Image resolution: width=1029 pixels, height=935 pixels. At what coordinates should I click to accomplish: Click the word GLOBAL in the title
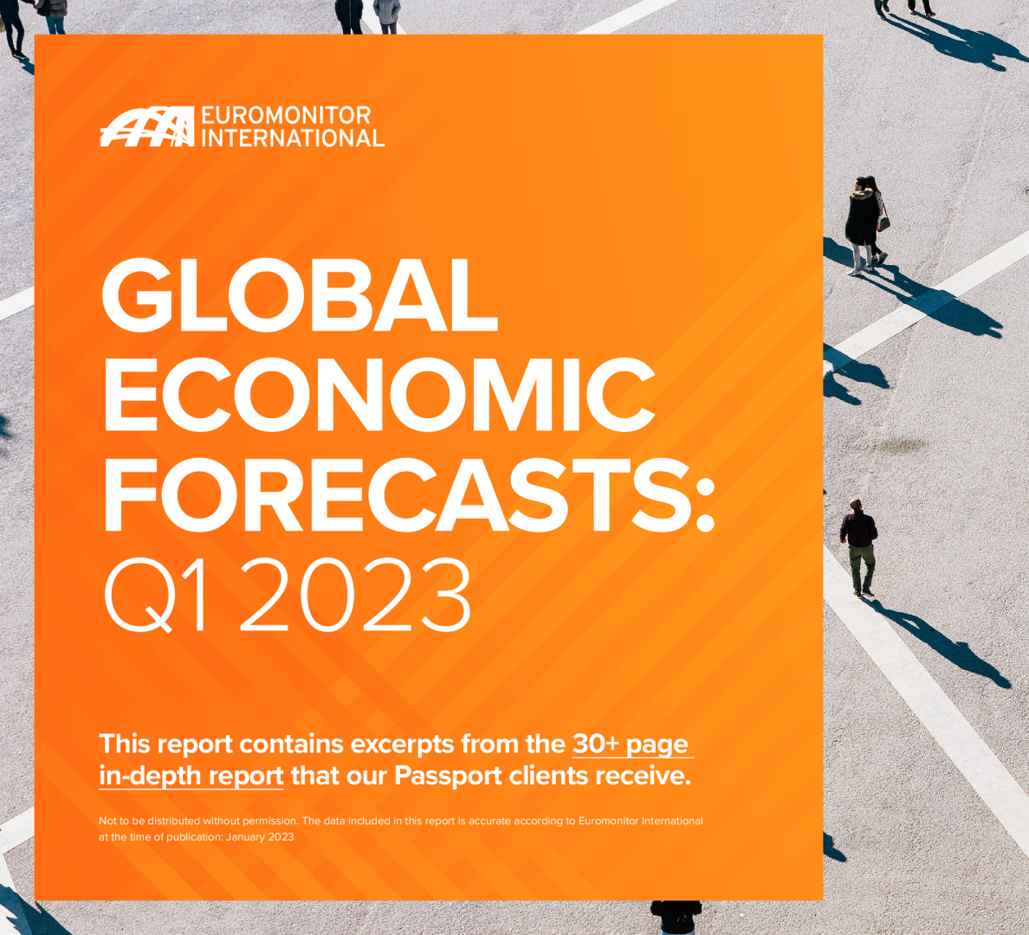tap(300, 294)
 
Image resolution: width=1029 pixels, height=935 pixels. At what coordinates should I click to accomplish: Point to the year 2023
tap(356, 596)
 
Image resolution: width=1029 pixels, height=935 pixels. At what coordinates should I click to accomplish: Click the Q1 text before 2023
tap(157, 596)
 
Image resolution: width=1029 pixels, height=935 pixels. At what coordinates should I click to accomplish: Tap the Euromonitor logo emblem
tap(146, 127)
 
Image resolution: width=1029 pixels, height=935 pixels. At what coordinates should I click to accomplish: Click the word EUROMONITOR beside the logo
tap(286, 116)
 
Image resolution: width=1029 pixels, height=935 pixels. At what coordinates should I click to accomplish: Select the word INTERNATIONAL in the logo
tap(293, 139)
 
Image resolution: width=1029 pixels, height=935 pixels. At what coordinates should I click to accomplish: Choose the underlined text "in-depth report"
tap(191, 776)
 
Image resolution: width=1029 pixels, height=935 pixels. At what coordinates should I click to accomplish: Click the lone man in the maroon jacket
tap(858, 545)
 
